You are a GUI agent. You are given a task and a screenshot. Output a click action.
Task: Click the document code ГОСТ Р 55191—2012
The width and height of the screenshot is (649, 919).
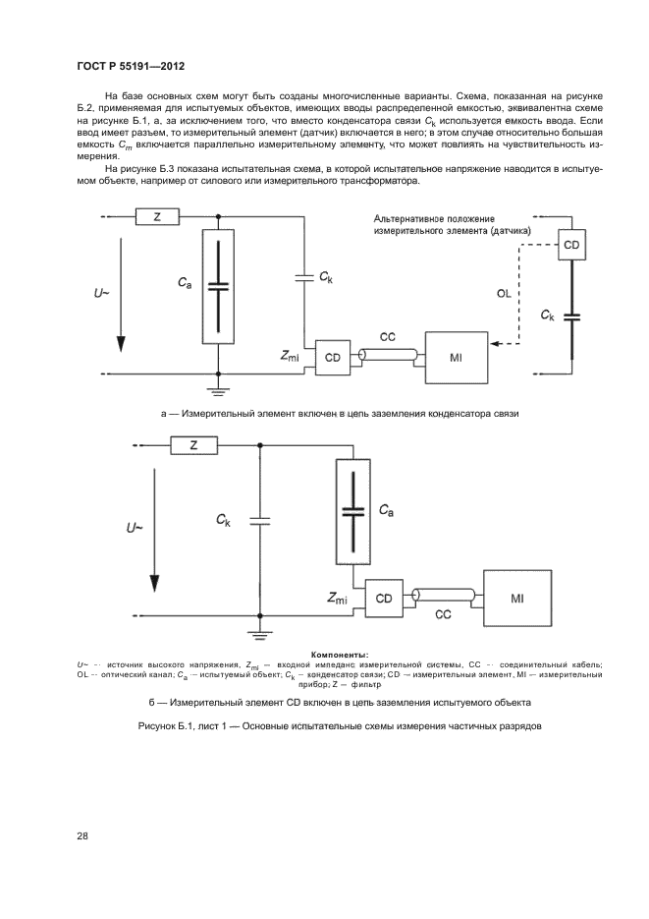pyautogui.click(x=131, y=67)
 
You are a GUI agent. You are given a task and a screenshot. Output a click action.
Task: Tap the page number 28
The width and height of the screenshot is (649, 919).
pyautogui.click(x=81, y=836)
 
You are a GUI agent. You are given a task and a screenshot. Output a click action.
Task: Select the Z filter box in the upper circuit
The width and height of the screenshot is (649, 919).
pyautogui.click(x=157, y=217)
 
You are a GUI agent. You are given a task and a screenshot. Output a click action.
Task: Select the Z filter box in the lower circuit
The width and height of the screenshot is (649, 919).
pyautogui.click(x=193, y=446)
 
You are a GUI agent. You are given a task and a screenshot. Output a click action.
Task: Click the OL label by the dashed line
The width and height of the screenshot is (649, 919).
pyautogui.click(x=503, y=292)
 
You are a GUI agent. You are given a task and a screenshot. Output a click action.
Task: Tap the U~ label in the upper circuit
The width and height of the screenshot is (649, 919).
pyautogui.click(x=103, y=293)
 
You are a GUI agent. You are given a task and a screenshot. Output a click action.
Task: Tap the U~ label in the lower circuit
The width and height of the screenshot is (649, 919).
pyautogui.click(x=135, y=528)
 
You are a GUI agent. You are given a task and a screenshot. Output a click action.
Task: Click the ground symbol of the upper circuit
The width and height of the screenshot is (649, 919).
pyautogui.click(x=217, y=389)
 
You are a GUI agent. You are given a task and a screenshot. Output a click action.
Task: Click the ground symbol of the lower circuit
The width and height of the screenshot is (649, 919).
pyautogui.click(x=260, y=634)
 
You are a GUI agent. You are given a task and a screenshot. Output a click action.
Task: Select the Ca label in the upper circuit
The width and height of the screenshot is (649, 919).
pyautogui.click(x=185, y=282)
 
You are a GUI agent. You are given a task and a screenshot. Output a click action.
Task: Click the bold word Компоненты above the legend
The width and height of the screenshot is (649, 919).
pyautogui.click(x=339, y=654)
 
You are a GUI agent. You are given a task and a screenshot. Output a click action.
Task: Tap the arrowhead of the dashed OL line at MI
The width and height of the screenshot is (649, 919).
pyautogui.click(x=493, y=345)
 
